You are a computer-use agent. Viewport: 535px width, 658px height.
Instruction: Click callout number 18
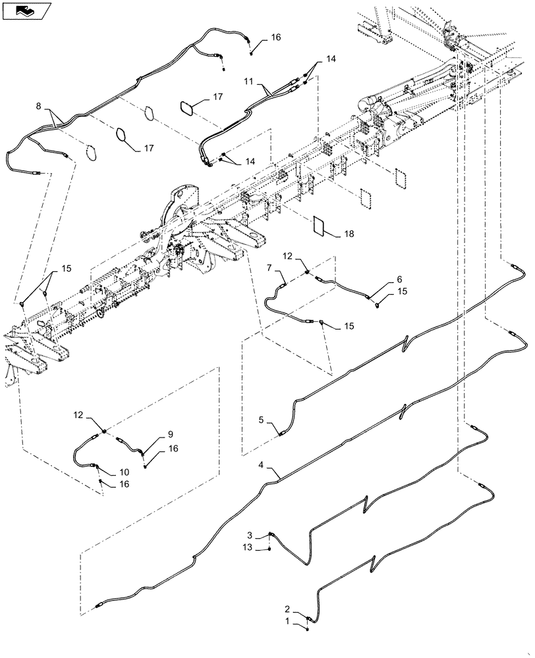pos(348,234)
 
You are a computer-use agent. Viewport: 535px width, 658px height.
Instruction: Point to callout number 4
pos(262,465)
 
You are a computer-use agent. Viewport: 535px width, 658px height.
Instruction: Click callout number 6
pos(399,279)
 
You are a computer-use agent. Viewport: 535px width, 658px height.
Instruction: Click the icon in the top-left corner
pos(26,11)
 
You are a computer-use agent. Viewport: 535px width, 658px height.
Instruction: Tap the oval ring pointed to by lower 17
pos(123,135)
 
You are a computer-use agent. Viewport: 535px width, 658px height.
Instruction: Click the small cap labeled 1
pos(308,627)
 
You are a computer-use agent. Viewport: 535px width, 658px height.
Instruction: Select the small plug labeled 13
pos(271,548)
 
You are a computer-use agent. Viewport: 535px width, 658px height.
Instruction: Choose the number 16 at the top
pos(275,38)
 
